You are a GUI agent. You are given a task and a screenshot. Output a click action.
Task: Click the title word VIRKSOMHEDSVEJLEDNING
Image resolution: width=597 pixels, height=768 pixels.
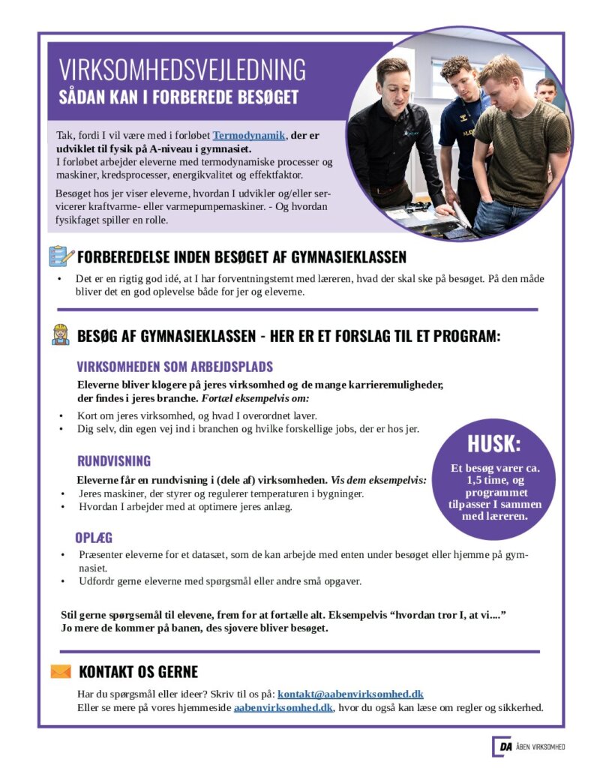(182, 69)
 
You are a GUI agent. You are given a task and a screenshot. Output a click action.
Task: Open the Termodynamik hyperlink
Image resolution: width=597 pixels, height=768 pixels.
(249, 135)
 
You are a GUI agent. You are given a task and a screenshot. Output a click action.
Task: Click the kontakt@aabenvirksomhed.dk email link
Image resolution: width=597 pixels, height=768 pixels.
(350, 694)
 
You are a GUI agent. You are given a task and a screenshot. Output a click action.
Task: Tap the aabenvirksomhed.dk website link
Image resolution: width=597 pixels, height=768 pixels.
(283, 707)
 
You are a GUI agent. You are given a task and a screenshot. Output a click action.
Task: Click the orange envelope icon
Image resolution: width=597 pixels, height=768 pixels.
(61, 671)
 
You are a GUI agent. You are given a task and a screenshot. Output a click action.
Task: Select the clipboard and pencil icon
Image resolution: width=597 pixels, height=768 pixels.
(61, 256)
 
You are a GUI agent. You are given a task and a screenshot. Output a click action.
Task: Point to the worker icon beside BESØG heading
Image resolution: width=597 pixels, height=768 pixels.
(61, 334)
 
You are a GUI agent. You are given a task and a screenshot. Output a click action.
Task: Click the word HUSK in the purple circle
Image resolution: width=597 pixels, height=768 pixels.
(493, 443)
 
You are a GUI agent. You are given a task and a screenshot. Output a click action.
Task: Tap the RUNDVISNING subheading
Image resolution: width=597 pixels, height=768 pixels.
(114, 460)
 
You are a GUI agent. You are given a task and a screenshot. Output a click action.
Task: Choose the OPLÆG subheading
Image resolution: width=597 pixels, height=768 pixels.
(94, 538)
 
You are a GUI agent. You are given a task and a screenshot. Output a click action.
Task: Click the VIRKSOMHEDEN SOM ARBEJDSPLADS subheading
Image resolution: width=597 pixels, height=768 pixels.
(175, 367)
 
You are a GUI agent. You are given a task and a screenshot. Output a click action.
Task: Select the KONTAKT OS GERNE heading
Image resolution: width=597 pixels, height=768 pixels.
(138, 671)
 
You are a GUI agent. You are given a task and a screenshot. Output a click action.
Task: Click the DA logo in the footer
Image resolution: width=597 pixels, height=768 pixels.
(502, 746)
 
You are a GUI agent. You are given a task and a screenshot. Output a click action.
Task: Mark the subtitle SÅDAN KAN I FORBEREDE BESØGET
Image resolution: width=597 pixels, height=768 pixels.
(178, 97)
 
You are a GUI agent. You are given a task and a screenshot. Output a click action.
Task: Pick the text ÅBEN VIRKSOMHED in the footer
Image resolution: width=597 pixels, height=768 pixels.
(541, 747)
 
